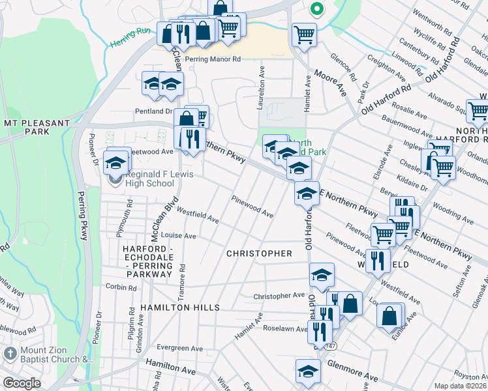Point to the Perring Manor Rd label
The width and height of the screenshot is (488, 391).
click(213, 59)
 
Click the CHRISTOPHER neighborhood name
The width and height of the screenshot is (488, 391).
click(259, 253)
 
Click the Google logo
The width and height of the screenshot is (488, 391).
click(22, 383)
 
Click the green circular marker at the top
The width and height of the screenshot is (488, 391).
click(316, 9)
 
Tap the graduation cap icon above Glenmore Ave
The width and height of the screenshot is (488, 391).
click(308, 370)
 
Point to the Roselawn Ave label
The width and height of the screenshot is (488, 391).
click(284, 329)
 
